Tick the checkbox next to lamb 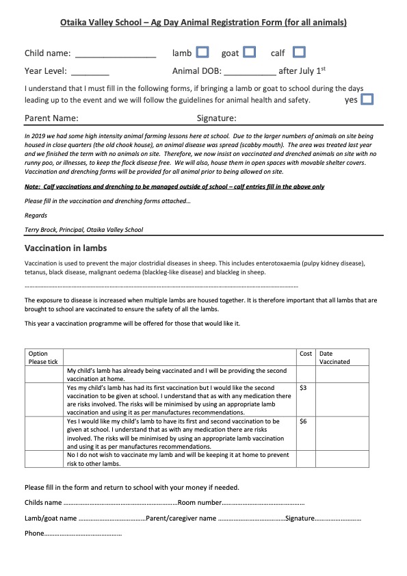pyautogui.click(x=202, y=52)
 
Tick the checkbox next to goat pyautogui.click(x=250, y=52)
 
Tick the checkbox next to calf pyautogui.click(x=299, y=52)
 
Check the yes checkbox pyautogui.click(x=367, y=99)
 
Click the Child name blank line pyautogui.click(x=116, y=54)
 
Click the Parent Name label pyautogui.click(x=51, y=118)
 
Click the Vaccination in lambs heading pyautogui.click(x=66, y=248)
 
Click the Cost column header pyautogui.click(x=306, y=354)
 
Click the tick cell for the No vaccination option pyautogui.click(x=44, y=459)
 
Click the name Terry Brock pyautogui.click(x=42, y=230)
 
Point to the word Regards pyautogui.click(x=36, y=215)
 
